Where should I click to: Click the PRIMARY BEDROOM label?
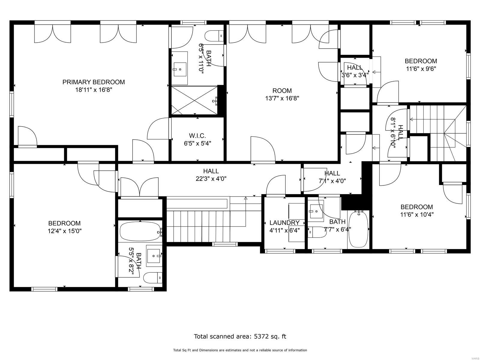coord(93,82)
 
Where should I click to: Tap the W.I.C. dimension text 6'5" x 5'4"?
coord(197,143)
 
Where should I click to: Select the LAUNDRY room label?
coord(284,223)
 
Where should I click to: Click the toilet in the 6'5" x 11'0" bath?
coord(214,36)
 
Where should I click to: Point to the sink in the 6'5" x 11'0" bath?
coord(180,69)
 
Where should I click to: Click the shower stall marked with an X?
coord(194,100)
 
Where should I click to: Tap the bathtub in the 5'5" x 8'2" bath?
coord(140,231)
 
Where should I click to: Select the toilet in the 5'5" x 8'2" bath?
coord(152,278)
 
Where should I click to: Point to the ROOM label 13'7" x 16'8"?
coord(282,91)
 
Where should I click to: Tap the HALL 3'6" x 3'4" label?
coord(355,67)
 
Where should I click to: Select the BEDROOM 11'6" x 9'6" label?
coord(421,61)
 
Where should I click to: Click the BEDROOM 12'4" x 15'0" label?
coord(64,223)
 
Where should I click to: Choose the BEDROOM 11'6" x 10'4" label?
coord(417,207)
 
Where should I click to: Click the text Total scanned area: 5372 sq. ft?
coord(240,336)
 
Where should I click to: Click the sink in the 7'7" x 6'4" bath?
coord(315,211)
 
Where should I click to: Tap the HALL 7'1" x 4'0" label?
coord(332,173)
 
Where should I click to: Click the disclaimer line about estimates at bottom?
coord(240,350)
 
